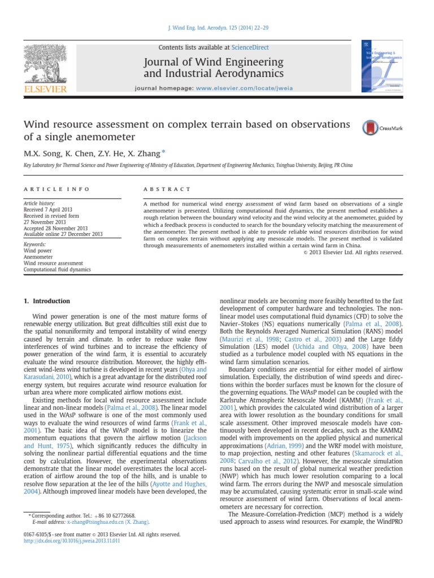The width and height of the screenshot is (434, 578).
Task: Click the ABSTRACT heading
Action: point(167,189)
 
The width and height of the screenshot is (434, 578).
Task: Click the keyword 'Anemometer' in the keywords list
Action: point(38,256)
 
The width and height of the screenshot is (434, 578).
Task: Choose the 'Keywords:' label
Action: point(34,244)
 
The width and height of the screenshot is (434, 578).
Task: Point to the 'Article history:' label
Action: point(39,203)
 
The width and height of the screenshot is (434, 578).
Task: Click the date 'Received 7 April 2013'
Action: point(50,209)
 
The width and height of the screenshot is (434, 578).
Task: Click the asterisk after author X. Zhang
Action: point(164,151)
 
